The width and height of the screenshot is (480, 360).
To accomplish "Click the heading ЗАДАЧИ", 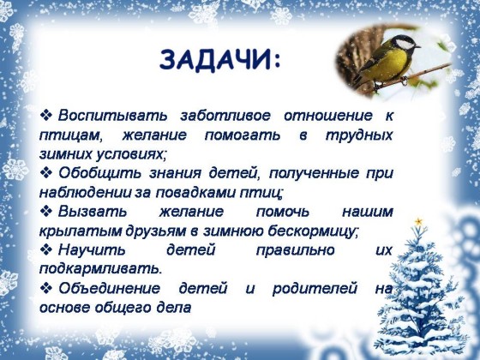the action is click(x=219, y=60).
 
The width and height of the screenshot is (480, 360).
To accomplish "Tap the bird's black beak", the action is click(x=417, y=47).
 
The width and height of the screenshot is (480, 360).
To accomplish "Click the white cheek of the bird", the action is click(x=405, y=45).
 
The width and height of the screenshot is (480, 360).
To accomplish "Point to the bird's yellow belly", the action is click(x=387, y=65).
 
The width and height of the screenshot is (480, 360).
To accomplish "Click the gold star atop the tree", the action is click(x=418, y=221).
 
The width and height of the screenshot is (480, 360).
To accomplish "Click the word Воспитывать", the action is click(x=112, y=117).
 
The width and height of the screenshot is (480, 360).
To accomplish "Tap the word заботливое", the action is click(x=225, y=116).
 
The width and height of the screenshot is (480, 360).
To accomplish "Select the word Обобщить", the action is click(x=99, y=173).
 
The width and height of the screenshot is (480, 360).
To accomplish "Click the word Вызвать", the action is click(x=93, y=212).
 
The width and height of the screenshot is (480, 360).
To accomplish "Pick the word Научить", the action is click(x=92, y=250).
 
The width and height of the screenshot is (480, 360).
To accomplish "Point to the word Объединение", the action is click(x=110, y=289).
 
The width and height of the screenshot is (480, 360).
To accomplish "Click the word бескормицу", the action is click(x=311, y=231).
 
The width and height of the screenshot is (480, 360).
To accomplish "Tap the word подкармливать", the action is click(x=99, y=269).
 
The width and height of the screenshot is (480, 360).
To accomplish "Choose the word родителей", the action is click(x=315, y=289).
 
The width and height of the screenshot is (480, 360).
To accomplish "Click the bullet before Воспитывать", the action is click(x=46, y=116).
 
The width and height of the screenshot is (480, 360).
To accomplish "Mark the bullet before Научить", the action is click(x=46, y=249).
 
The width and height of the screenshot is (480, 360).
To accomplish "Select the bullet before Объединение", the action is click(x=46, y=288).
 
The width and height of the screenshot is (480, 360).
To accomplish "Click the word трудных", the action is click(x=359, y=135).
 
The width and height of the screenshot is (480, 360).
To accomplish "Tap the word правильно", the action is click(x=295, y=250).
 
